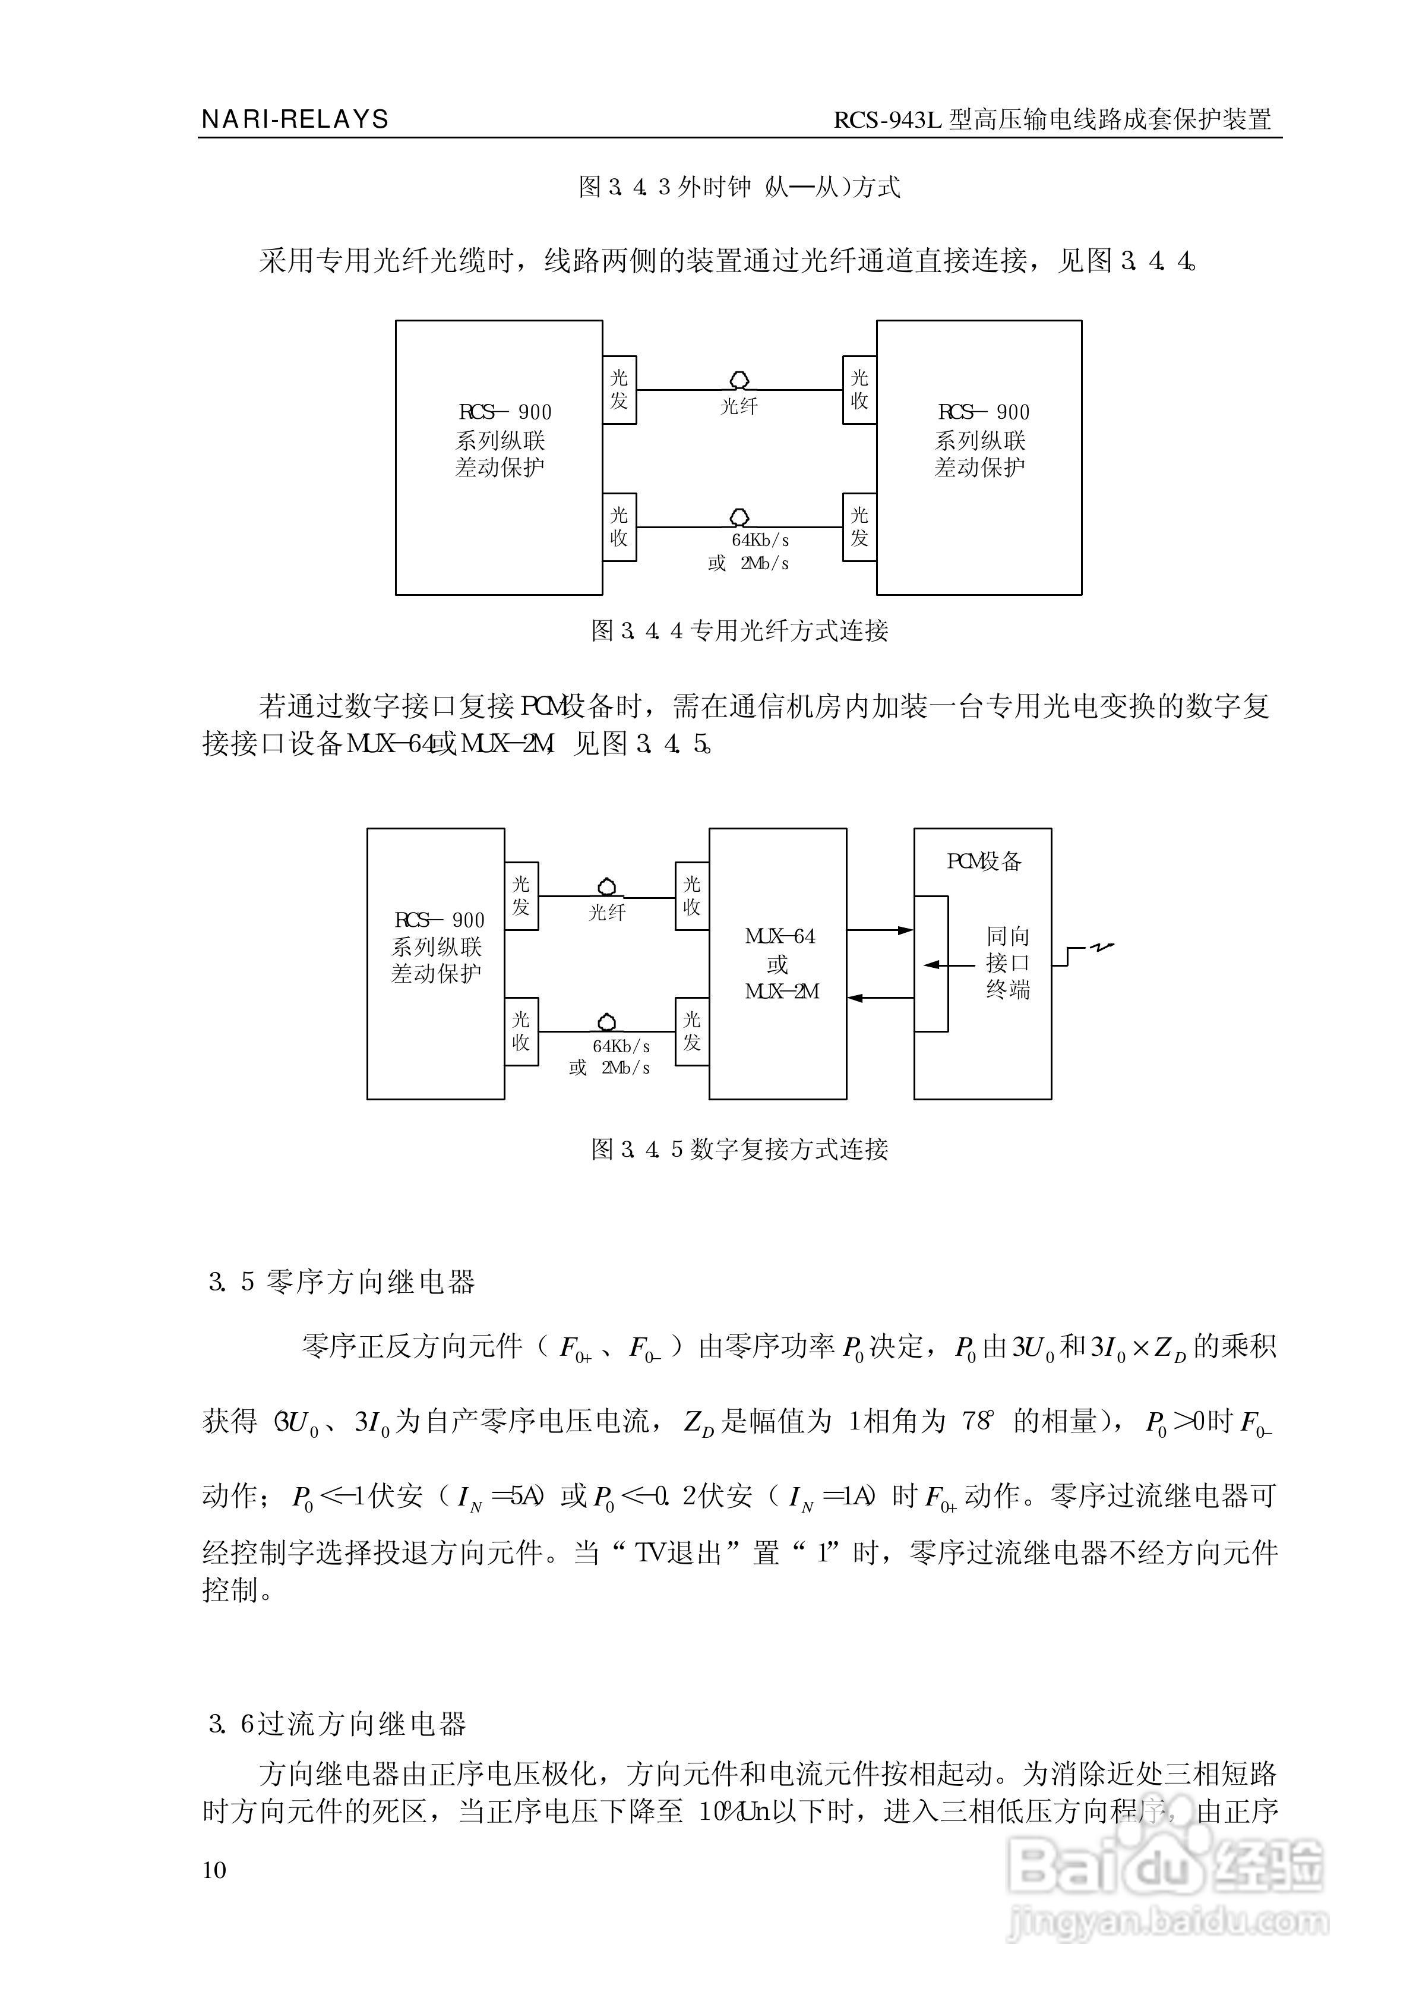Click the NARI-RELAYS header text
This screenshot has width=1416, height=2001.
tap(295, 119)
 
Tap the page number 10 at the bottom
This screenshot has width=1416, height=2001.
tap(214, 1870)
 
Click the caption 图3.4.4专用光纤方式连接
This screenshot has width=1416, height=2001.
tap(739, 630)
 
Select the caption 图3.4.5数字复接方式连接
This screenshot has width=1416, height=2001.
tap(739, 1149)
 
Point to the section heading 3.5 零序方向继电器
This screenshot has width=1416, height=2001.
tap(342, 1282)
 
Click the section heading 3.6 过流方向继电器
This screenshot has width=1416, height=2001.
tap(337, 1724)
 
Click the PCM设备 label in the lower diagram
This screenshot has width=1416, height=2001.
tap(984, 861)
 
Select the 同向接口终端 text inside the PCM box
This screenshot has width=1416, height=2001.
tap(1008, 962)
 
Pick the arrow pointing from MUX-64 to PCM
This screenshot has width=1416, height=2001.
tap(880, 930)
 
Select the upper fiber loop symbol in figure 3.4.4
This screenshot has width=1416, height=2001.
tap(739, 380)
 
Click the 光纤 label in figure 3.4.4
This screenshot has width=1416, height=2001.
tap(739, 406)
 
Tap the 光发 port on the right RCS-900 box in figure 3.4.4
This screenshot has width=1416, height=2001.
tap(859, 526)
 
